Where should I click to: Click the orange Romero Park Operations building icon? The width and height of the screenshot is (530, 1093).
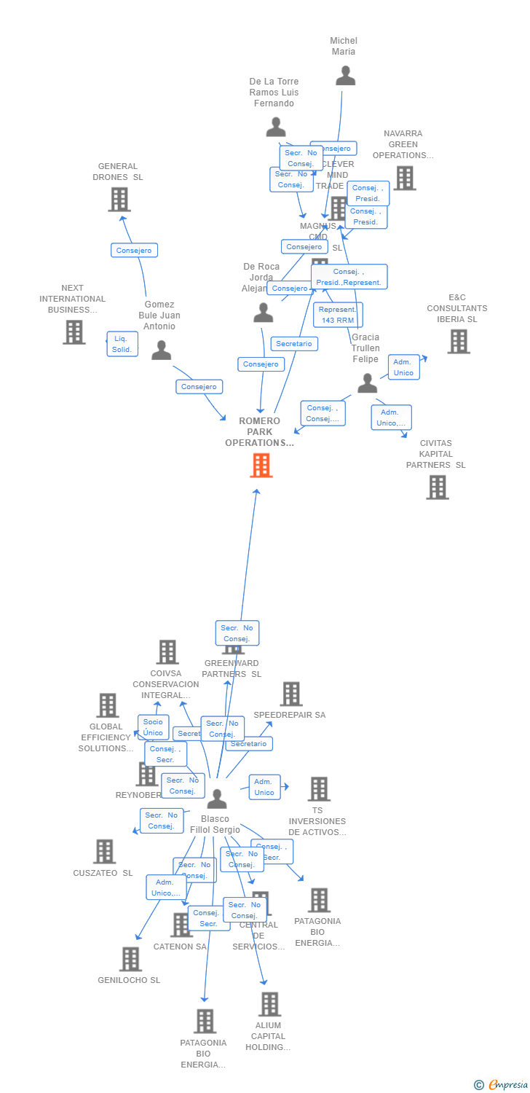261,465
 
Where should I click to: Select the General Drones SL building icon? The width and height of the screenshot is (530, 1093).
119,199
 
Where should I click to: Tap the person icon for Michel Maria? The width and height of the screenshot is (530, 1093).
345,75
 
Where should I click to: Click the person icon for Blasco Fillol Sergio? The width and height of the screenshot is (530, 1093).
217,799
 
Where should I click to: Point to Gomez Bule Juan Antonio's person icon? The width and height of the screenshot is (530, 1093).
161,350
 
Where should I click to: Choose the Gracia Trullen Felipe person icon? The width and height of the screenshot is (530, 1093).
368,383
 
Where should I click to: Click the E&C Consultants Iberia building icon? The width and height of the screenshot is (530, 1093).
458,341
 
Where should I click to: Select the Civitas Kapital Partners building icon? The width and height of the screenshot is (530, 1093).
437,487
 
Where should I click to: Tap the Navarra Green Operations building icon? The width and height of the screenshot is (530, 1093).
405,178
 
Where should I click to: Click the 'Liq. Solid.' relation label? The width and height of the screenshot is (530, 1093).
122,344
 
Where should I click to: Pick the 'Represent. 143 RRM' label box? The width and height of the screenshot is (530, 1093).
338,315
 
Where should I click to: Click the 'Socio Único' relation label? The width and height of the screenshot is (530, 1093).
153,727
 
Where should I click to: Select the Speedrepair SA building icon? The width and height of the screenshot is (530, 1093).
291,694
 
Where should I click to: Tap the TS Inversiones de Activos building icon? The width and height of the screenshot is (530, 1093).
318,788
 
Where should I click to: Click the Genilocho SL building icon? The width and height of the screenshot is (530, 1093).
130,959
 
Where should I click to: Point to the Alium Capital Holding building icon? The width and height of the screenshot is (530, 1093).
269,1004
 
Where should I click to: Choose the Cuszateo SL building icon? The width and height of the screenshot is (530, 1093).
104,851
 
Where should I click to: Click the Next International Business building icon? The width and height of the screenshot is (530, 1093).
74,332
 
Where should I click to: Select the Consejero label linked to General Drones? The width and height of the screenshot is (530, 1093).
134,251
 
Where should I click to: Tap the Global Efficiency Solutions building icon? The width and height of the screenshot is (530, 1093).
108,705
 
